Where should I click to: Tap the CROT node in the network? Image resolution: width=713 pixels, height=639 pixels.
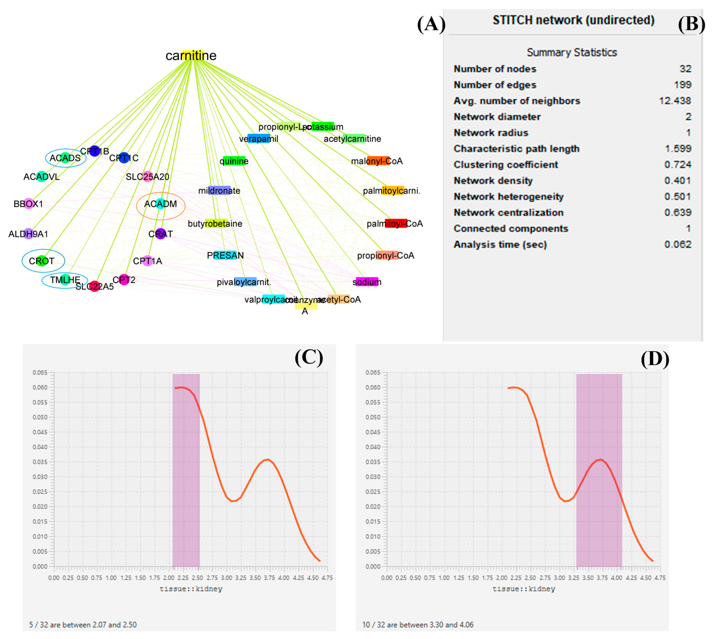[42, 261]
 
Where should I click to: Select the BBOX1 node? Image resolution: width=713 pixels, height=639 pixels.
[28, 204]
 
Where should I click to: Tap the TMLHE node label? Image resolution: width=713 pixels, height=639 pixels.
[65, 280]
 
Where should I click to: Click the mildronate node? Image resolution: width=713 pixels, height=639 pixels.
[219, 191]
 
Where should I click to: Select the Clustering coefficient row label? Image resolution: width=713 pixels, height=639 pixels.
[506, 165]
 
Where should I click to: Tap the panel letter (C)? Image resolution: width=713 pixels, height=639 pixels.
[309, 358]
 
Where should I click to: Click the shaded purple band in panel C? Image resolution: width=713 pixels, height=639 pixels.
[186, 470]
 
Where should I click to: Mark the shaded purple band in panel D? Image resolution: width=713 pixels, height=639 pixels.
[599, 470]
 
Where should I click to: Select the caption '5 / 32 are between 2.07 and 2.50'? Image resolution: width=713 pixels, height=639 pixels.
[83, 625]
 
